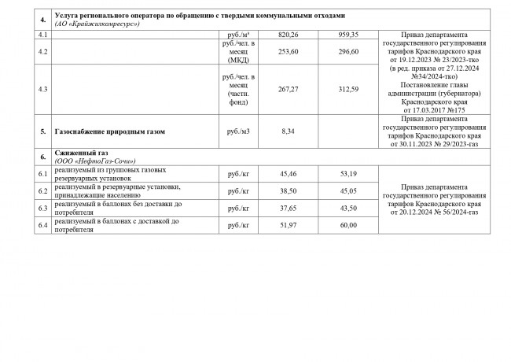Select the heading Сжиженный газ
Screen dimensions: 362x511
coord(81,153)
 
